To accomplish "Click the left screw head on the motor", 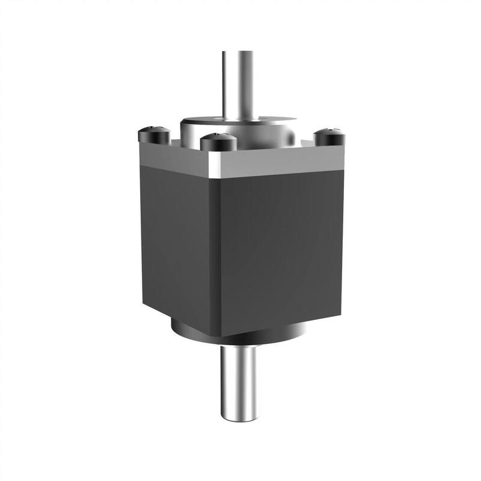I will tap(153, 133).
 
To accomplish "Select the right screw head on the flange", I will tap(329, 136).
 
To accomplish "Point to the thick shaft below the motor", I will tap(239, 379).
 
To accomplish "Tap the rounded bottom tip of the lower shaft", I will tap(239, 418).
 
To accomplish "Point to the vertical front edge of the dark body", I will tap(218, 253).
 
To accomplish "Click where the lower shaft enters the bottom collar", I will tap(239, 346).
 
